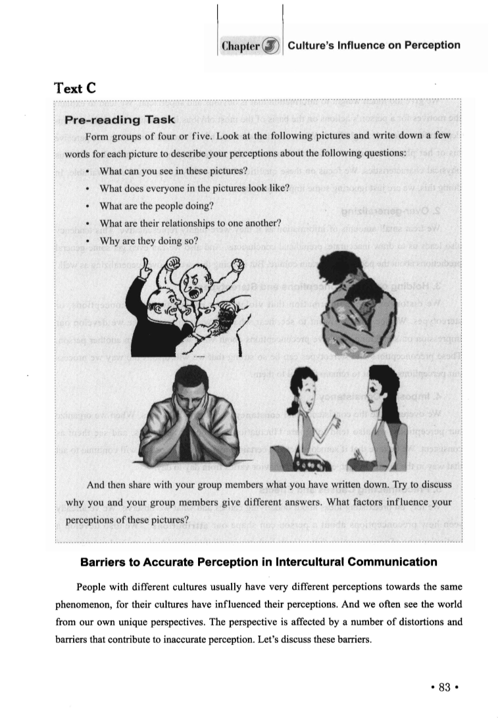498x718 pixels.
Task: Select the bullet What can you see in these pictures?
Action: click(x=173, y=172)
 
